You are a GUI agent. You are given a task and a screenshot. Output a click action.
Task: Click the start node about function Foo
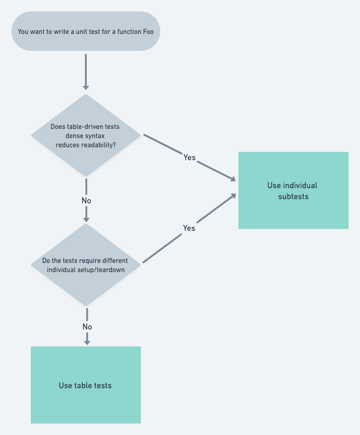(x=85, y=31)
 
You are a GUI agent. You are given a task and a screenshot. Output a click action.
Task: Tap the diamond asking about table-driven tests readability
(x=85, y=135)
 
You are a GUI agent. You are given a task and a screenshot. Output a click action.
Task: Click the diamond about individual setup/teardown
(x=85, y=265)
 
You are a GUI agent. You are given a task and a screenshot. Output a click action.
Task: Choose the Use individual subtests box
(x=293, y=190)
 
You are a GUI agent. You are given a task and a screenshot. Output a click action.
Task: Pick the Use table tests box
(x=85, y=385)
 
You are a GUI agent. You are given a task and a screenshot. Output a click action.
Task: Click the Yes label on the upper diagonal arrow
(x=189, y=157)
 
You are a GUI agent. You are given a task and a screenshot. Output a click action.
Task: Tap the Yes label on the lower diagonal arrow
(x=189, y=228)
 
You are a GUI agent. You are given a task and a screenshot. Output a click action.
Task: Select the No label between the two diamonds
(x=86, y=201)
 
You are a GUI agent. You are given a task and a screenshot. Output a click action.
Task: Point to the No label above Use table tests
(x=87, y=327)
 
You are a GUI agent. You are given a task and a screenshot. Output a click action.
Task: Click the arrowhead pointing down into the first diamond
(x=86, y=87)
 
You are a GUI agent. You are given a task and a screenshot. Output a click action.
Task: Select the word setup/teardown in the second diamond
(x=104, y=269)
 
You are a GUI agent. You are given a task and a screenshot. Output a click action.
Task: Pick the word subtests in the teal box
(x=293, y=196)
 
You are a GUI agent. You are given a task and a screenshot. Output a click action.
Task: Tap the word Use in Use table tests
(x=65, y=385)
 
